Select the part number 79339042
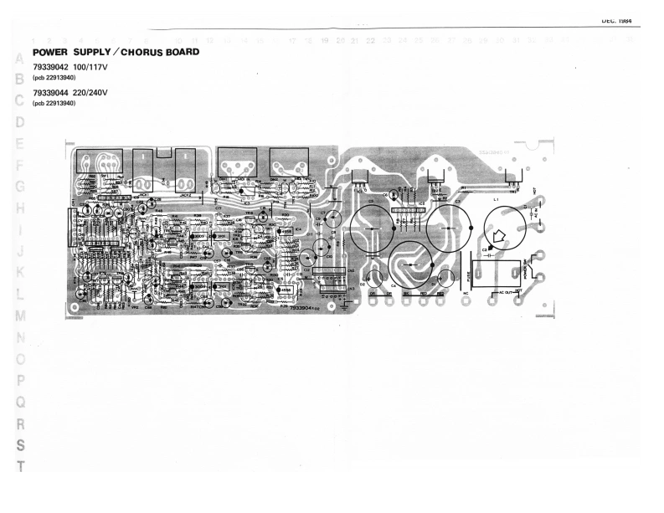[49, 66]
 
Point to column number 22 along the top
[370, 40]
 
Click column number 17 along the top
[291, 40]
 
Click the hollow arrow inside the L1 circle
[496, 235]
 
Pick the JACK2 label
[184, 192]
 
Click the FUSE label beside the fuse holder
[466, 269]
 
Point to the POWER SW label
[527, 269]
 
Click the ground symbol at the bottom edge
[343, 306]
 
